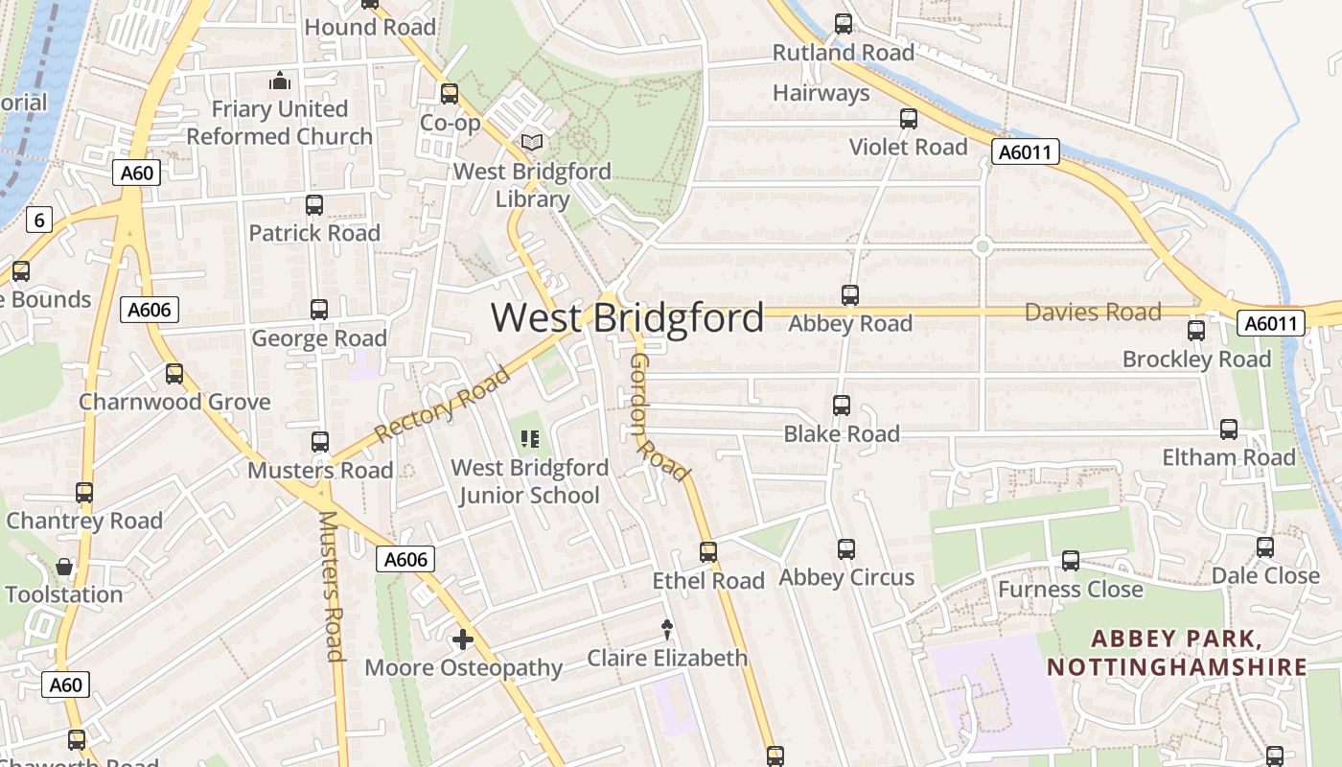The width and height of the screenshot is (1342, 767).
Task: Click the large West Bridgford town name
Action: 628,317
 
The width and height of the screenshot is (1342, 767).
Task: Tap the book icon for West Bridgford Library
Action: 532,143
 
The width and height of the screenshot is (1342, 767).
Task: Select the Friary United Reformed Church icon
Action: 280,81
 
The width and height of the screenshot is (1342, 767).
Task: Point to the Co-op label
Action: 451,123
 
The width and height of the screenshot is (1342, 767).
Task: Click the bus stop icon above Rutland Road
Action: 844,24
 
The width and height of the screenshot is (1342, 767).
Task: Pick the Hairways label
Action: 821,93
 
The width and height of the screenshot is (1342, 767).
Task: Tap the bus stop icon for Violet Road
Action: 909,119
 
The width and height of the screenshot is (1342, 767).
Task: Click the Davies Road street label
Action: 1093,312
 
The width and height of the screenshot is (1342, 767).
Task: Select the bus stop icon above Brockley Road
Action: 1196,331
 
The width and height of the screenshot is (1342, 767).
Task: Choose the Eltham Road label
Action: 1229,457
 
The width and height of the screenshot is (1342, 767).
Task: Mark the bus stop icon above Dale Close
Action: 1265,547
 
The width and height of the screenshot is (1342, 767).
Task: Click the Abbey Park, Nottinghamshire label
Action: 1177,653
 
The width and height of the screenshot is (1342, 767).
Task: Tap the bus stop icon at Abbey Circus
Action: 846,549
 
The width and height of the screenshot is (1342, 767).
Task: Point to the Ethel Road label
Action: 708,581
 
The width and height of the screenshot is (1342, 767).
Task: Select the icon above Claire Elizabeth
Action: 667,629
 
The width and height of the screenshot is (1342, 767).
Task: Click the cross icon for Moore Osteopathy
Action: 463,639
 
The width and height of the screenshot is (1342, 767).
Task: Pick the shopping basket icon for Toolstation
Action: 64,567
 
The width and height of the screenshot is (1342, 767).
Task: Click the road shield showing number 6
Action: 38,220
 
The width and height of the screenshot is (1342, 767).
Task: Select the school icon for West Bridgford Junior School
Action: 530,440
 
